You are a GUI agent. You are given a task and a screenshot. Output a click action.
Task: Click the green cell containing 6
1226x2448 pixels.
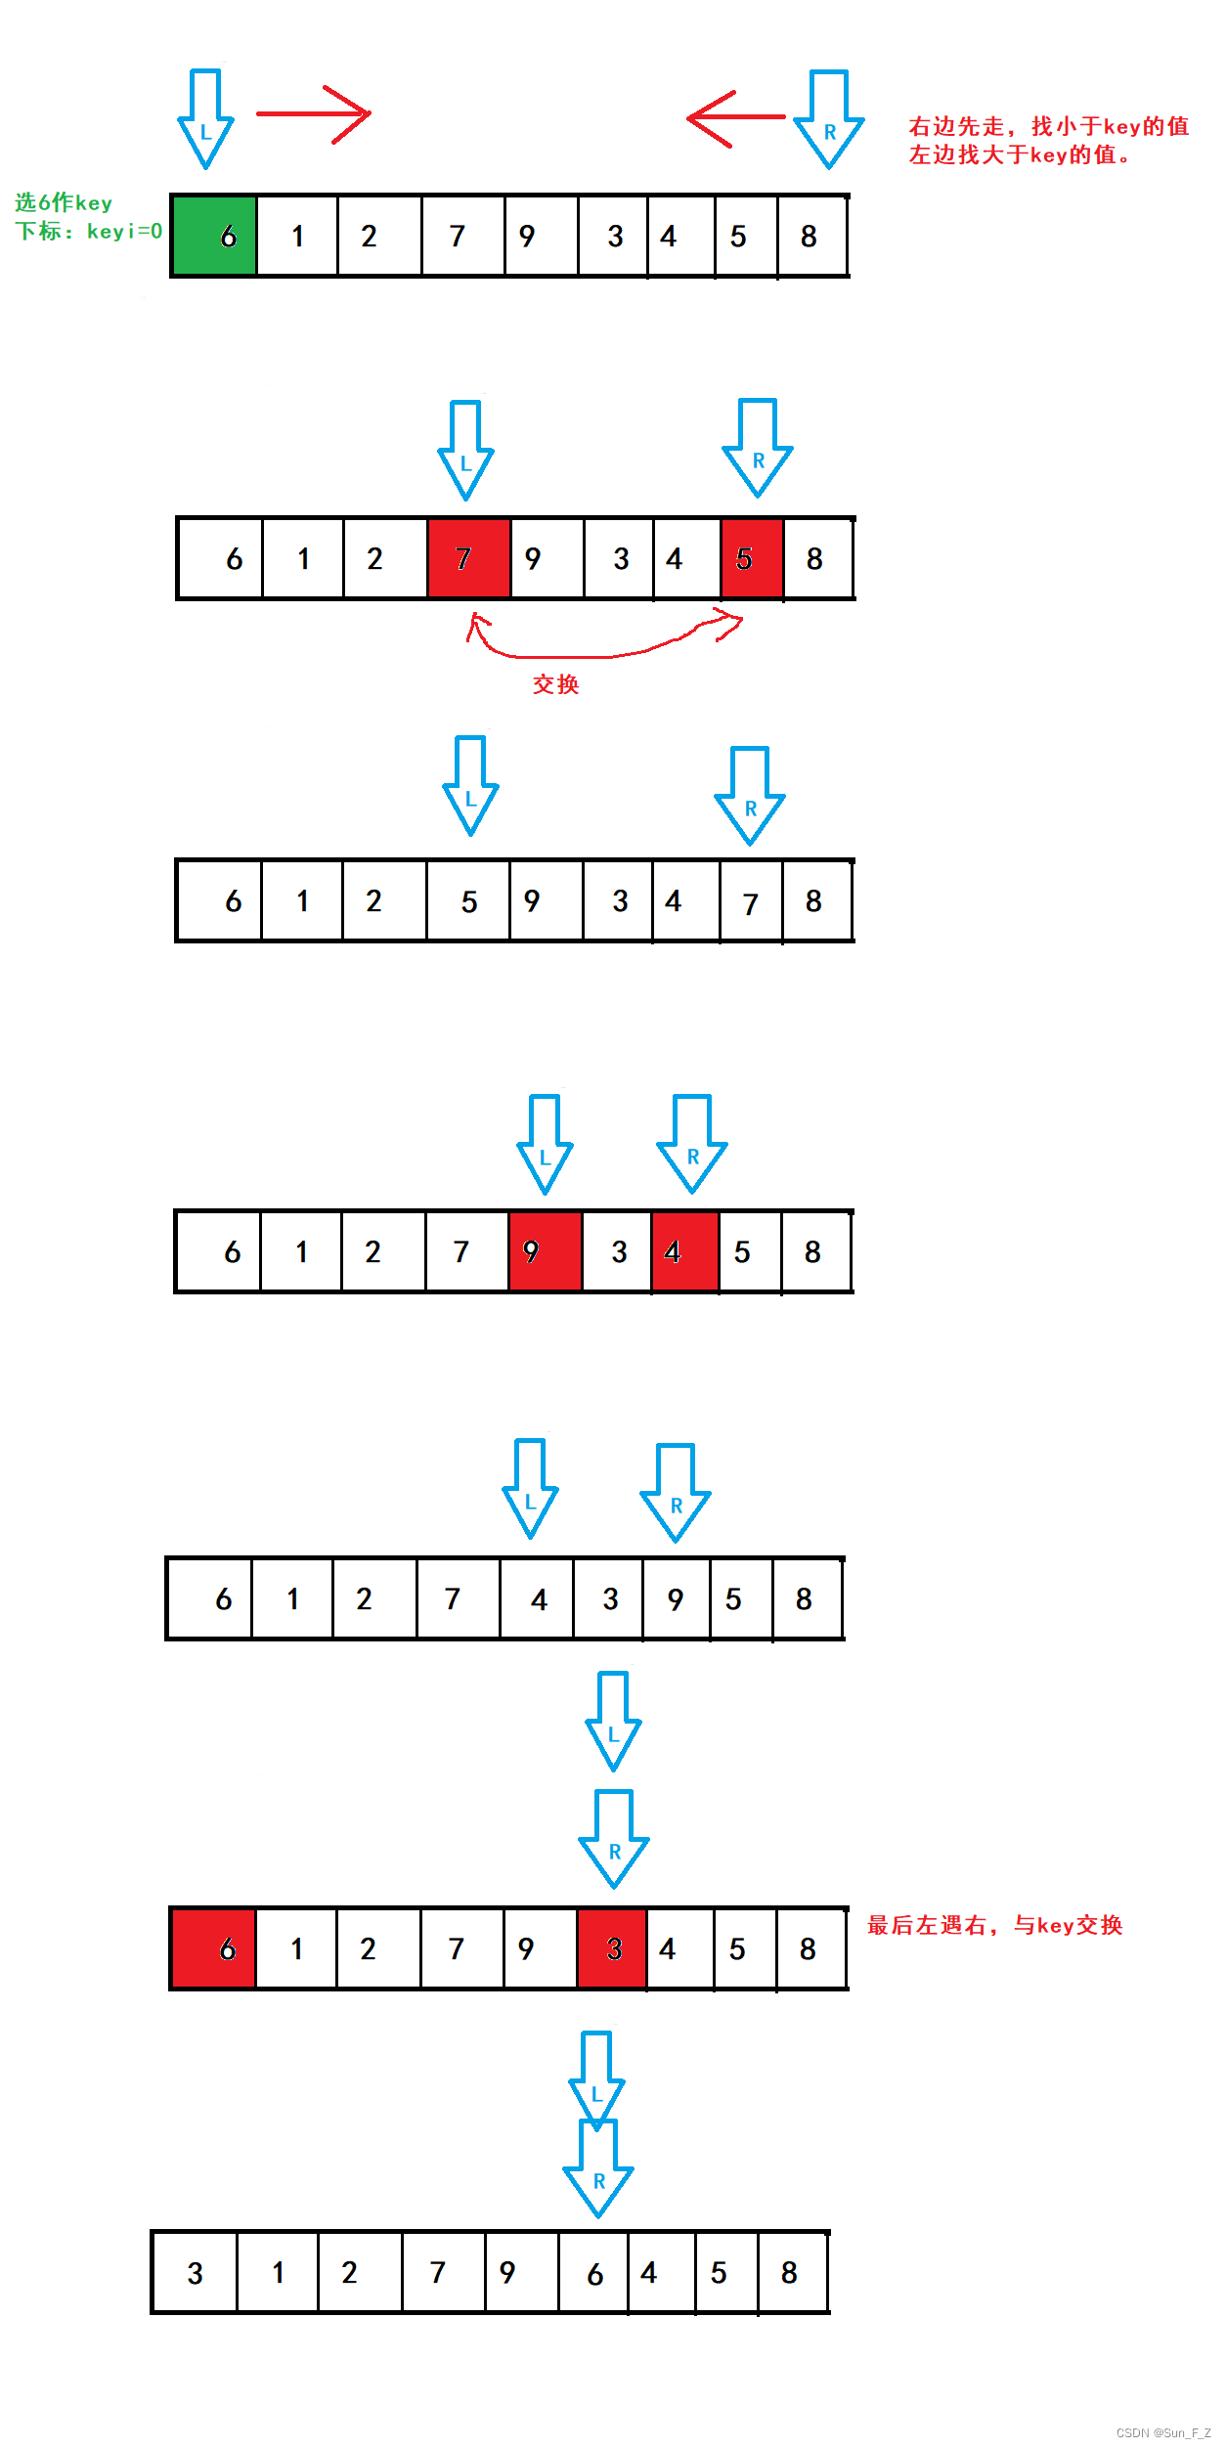tap(214, 236)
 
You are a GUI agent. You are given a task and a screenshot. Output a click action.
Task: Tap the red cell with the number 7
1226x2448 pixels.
tap(468, 558)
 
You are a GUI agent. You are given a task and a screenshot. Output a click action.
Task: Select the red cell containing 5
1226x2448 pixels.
tap(752, 558)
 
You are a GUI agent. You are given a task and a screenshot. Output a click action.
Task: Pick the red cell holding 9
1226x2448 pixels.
tap(545, 1251)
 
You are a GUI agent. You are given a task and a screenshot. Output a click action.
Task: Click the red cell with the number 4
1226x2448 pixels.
tap(684, 1251)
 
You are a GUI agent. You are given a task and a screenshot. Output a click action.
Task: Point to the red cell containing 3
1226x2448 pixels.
tap(611, 1948)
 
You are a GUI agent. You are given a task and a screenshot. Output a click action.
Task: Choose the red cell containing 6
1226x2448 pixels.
tap(213, 1948)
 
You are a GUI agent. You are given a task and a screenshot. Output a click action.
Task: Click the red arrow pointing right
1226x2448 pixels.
tap(313, 113)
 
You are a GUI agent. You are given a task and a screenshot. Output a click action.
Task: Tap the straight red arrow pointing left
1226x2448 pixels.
tap(735, 117)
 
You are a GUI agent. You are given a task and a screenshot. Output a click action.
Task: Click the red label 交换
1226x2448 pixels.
tap(555, 684)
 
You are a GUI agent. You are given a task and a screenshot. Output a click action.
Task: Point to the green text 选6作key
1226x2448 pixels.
tap(64, 202)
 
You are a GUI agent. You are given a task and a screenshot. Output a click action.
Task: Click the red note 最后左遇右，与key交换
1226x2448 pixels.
tap(994, 1926)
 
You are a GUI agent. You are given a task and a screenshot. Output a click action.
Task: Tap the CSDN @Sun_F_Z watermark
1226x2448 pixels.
tap(1162, 2432)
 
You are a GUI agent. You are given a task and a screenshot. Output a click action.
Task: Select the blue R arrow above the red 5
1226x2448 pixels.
tap(758, 448)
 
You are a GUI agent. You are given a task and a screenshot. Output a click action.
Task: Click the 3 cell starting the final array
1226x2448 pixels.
tap(195, 2273)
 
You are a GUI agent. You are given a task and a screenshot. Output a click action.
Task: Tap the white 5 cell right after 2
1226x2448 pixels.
tap(468, 901)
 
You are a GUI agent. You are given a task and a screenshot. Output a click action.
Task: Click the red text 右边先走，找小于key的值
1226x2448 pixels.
tap(1048, 126)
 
